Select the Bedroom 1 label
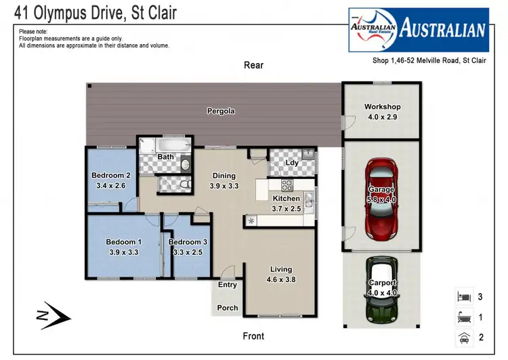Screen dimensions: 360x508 coord(123,242)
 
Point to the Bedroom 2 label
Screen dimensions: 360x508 coord(110,175)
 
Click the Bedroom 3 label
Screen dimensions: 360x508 coord(187,242)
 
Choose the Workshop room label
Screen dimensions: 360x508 coord(383,106)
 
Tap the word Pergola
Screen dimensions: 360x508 coord(221,111)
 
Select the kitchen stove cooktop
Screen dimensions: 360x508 coord(286,185)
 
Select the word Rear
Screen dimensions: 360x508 coord(253,65)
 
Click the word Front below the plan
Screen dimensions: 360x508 coord(253,336)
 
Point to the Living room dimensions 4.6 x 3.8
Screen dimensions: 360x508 coord(280,279)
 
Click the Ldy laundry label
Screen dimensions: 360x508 coord(292,163)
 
